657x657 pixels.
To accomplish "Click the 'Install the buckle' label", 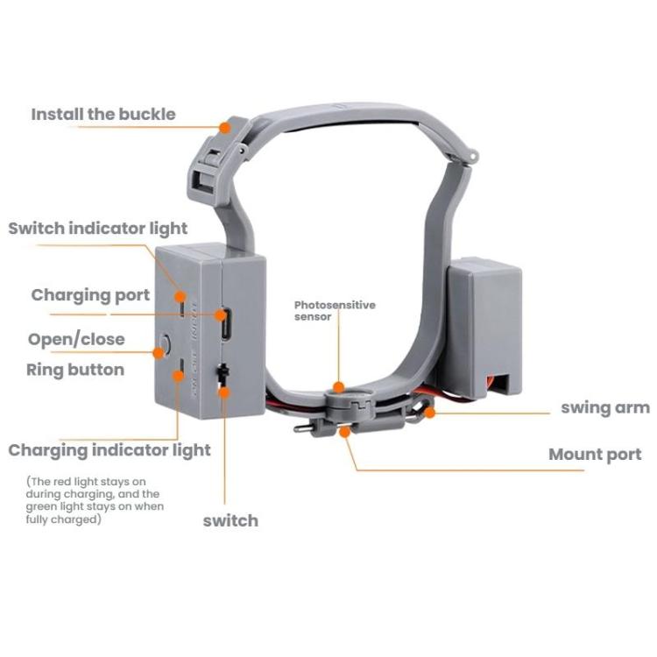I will (103, 114).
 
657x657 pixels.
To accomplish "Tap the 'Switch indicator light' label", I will (98, 229).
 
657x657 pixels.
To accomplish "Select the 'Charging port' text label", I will (90, 295).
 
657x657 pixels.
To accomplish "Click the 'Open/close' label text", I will (76, 340).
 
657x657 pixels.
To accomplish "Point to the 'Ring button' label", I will (75, 370).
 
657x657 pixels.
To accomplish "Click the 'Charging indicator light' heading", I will (109, 450).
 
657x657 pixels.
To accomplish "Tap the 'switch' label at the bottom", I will (230, 520).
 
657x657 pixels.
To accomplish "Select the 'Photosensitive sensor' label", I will (334, 310).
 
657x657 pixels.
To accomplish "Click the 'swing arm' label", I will (605, 407).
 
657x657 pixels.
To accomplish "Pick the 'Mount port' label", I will (595, 454).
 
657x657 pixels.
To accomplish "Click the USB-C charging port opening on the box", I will (225, 323).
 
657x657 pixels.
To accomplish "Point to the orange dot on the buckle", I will (225, 128).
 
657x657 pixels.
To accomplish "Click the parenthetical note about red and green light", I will (94, 500).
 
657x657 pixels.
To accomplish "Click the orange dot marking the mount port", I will (345, 431).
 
